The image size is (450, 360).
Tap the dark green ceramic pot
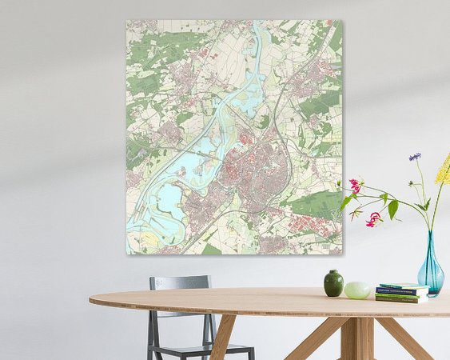point(333,283)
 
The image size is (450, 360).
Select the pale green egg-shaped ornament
point(356,290)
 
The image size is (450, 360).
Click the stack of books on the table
point(401,293)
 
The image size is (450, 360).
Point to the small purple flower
point(415,157)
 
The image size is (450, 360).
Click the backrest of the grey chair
point(180,283)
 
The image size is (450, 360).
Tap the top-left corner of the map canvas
point(127,22)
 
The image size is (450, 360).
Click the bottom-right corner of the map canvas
point(341,254)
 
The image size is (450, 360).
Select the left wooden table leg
point(223,337)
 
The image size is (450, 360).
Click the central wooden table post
point(352,336)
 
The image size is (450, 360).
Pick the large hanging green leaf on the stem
point(393,209)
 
